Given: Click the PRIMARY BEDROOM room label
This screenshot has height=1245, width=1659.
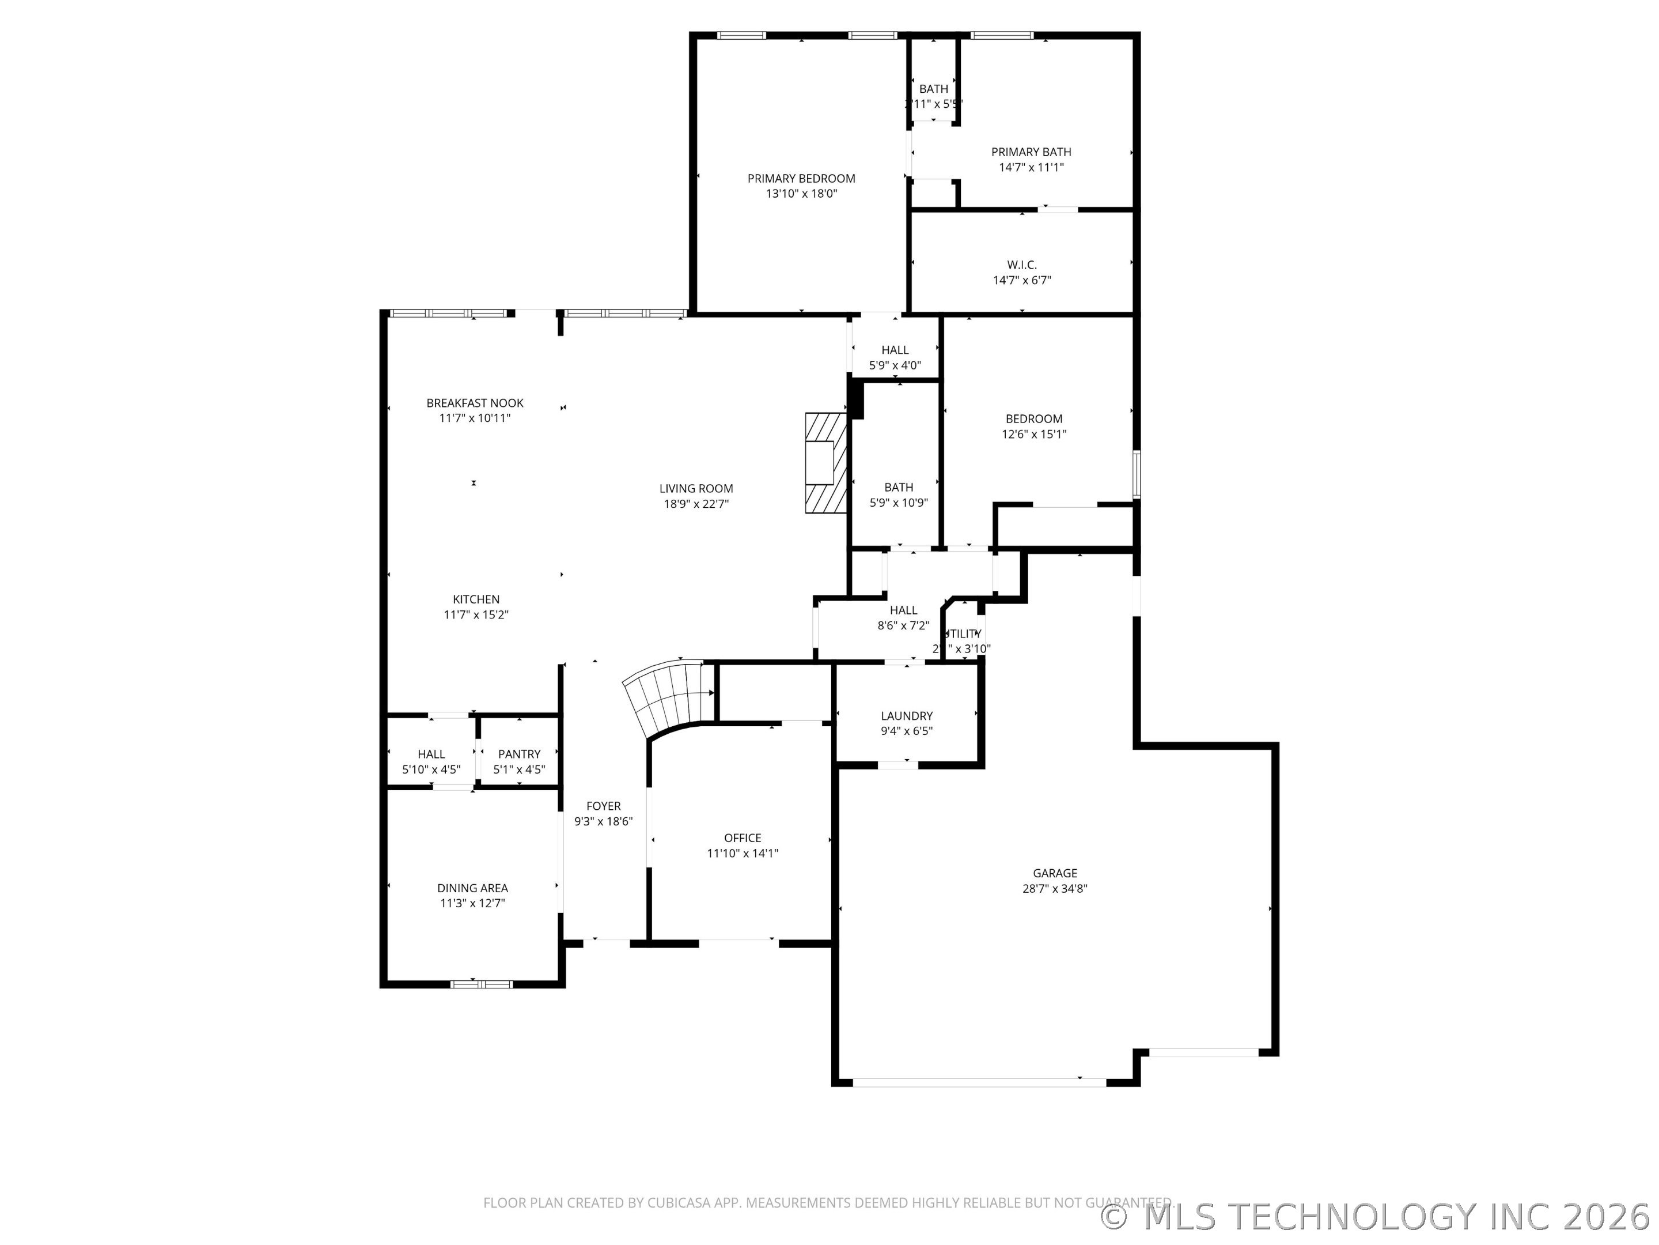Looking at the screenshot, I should pos(801,179).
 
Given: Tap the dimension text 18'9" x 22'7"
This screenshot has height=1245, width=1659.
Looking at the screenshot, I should pos(696,504).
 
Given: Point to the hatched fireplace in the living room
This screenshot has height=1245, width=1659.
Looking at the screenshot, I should pos(825,463).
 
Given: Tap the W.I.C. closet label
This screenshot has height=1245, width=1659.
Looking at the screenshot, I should pos(1021,265).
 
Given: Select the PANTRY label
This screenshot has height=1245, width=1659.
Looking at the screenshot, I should pos(519,754).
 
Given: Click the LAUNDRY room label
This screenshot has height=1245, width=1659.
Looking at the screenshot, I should pos(907,716).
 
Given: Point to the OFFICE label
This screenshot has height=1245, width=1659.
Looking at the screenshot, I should pos(743,838).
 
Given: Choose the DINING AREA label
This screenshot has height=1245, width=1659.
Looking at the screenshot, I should pos(472,888).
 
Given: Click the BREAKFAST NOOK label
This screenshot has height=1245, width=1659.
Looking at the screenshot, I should pos(475,403).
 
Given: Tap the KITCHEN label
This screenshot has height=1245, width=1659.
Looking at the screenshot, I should pos(475,599).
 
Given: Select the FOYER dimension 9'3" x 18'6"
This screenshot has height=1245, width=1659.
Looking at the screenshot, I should pos(603,822).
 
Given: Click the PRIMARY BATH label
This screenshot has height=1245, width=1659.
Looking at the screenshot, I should pos(1031,152).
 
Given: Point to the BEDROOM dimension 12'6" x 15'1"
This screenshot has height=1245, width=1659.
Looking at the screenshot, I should pos(1033,435).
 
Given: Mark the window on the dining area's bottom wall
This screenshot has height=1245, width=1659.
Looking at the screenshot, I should pos(482,984).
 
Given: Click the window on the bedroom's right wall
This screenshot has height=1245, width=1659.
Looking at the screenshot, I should pos(1137,474).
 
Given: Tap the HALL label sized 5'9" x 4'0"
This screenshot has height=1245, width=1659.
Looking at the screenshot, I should pos(895,350).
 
